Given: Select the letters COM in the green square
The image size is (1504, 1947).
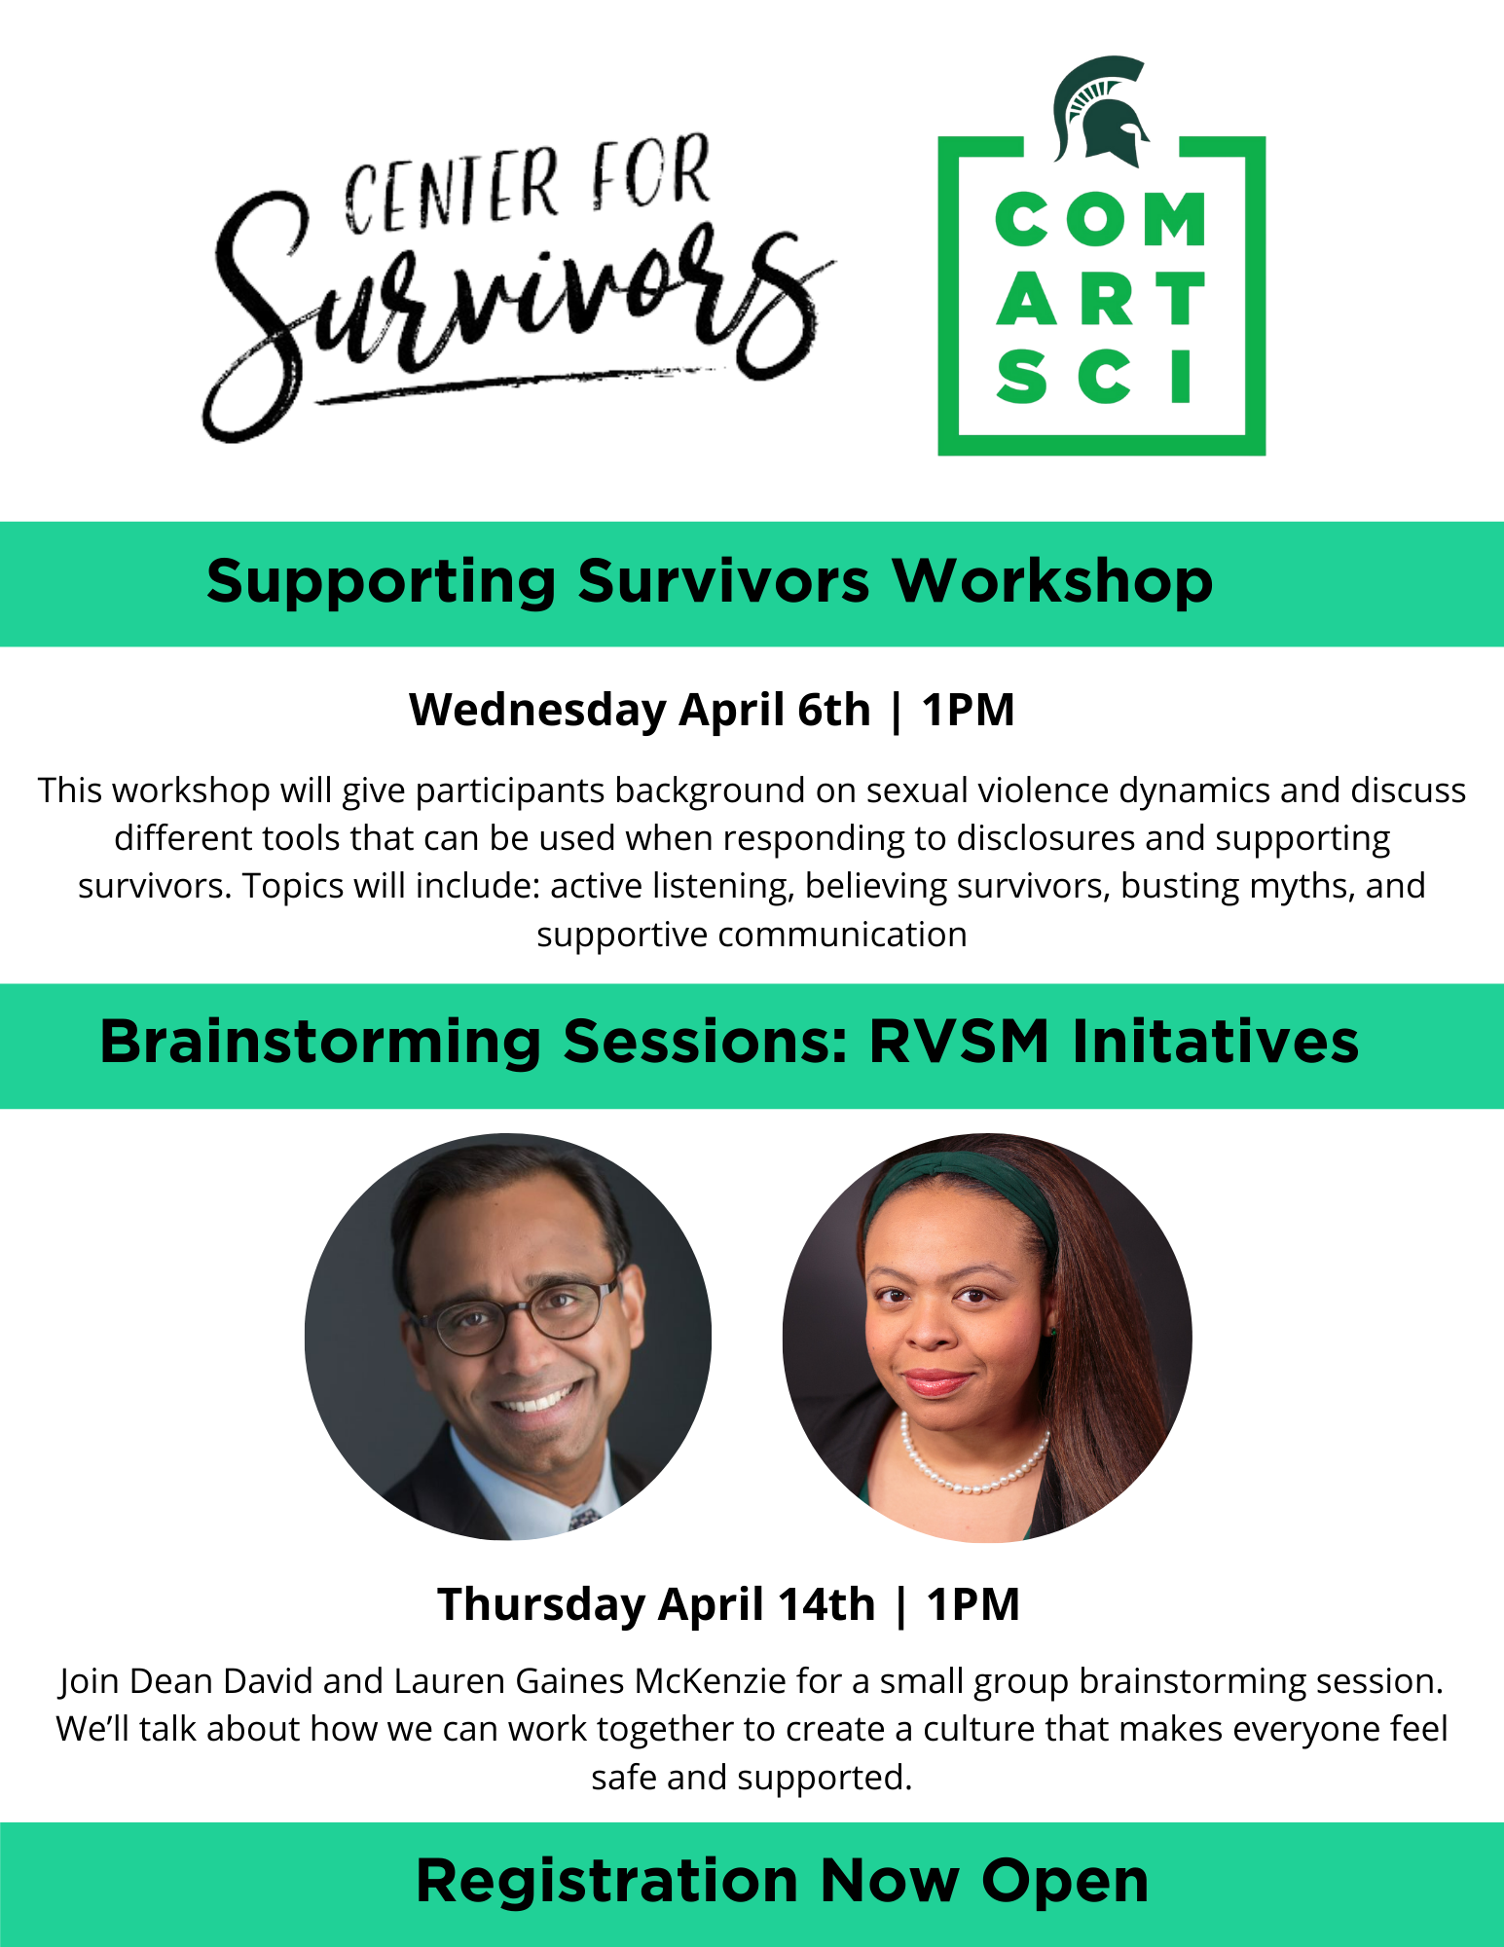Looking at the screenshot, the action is (x=1101, y=219).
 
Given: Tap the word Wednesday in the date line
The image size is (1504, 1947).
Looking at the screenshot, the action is (x=537, y=710).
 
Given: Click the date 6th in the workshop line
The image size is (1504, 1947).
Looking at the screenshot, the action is (x=833, y=710).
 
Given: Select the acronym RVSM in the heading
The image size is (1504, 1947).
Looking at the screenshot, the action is (x=959, y=1042).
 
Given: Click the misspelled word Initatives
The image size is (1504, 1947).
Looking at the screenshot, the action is (x=1215, y=1042).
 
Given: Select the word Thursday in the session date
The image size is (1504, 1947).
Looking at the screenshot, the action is (x=541, y=1604).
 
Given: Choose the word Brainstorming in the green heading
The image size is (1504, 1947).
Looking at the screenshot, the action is (x=320, y=1043).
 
